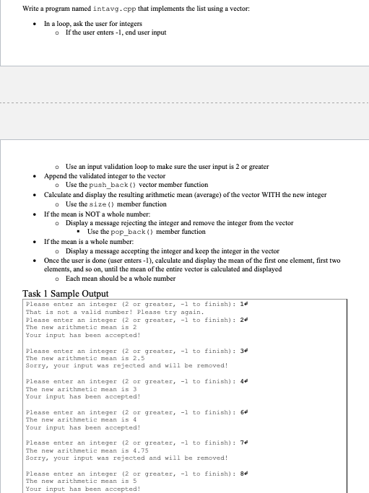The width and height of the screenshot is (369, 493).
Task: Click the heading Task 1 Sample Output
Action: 66,293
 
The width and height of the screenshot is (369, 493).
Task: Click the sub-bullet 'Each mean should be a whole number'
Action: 123,279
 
